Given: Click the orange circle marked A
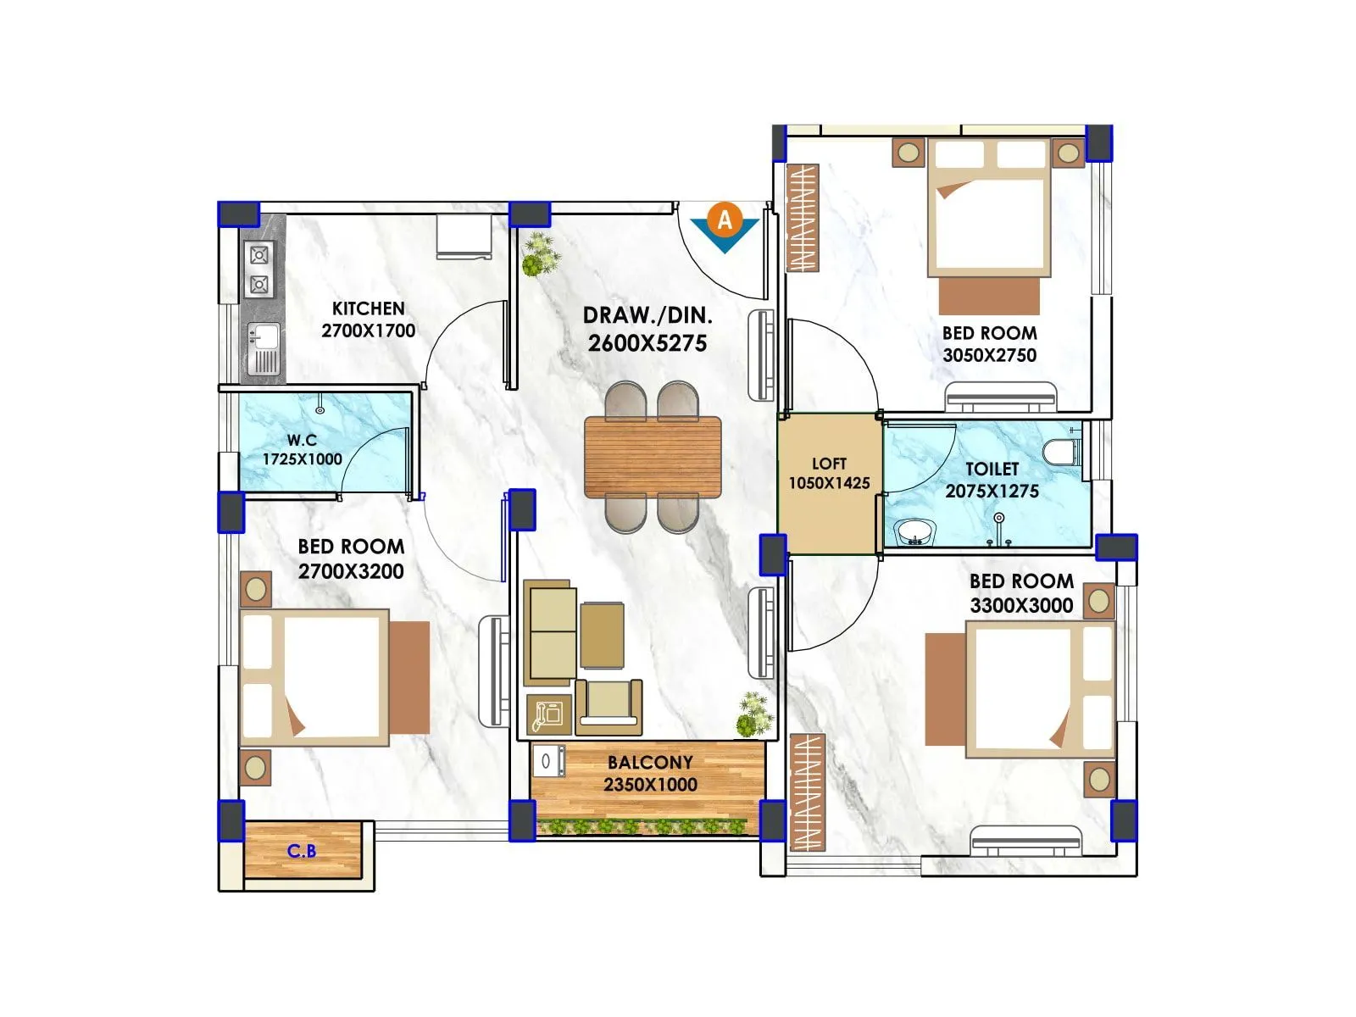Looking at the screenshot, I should pyautogui.click(x=725, y=220).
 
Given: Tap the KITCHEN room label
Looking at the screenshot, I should pyautogui.click(x=368, y=308).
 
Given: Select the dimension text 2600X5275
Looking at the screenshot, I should pyautogui.click(x=647, y=343).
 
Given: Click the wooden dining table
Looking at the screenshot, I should pyautogui.click(x=653, y=457).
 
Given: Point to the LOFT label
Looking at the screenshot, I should pyautogui.click(x=829, y=464).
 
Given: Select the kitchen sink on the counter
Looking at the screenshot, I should pyautogui.click(x=264, y=337).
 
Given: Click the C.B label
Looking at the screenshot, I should pyautogui.click(x=302, y=850).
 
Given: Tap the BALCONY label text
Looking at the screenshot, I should pyautogui.click(x=650, y=762).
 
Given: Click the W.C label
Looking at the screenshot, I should pyautogui.click(x=302, y=440).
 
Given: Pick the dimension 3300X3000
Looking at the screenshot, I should pyautogui.click(x=1021, y=605).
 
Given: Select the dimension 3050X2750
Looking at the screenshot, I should pyautogui.click(x=989, y=355).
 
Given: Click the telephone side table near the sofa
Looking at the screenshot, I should pyautogui.click(x=548, y=714).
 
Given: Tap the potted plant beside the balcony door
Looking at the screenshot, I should pyautogui.click(x=753, y=714).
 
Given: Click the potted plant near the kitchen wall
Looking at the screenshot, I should pyautogui.click(x=540, y=255).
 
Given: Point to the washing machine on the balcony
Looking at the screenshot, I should pyautogui.click(x=547, y=760).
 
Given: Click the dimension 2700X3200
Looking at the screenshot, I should pyautogui.click(x=351, y=571).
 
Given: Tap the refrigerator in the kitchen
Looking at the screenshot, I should pyautogui.click(x=464, y=237).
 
